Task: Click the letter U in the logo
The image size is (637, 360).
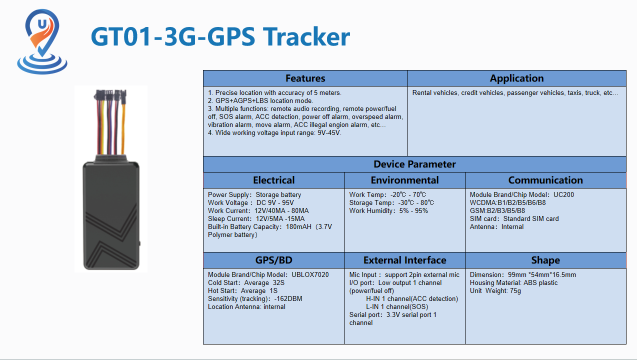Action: tap(42, 24)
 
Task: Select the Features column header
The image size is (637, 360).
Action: tap(305, 78)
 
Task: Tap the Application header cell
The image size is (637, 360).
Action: tap(516, 78)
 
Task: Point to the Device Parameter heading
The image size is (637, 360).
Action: tap(414, 164)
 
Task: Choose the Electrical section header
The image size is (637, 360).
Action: tap(274, 180)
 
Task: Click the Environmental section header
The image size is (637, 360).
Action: tap(404, 180)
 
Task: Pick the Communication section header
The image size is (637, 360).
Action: tap(545, 180)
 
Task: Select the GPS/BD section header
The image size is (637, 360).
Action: tap(274, 260)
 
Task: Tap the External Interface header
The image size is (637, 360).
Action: tap(404, 260)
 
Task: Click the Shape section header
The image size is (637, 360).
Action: tap(545, 260)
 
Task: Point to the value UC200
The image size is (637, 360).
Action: tap(563, 195)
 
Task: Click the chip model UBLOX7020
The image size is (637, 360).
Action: tap(310, 274)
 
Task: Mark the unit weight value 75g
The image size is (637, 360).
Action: tap(515, 291)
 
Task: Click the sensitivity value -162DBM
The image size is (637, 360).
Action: tap(288, 299)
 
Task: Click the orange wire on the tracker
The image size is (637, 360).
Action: tap(123, 128)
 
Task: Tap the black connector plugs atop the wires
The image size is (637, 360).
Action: tap(110, 94)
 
